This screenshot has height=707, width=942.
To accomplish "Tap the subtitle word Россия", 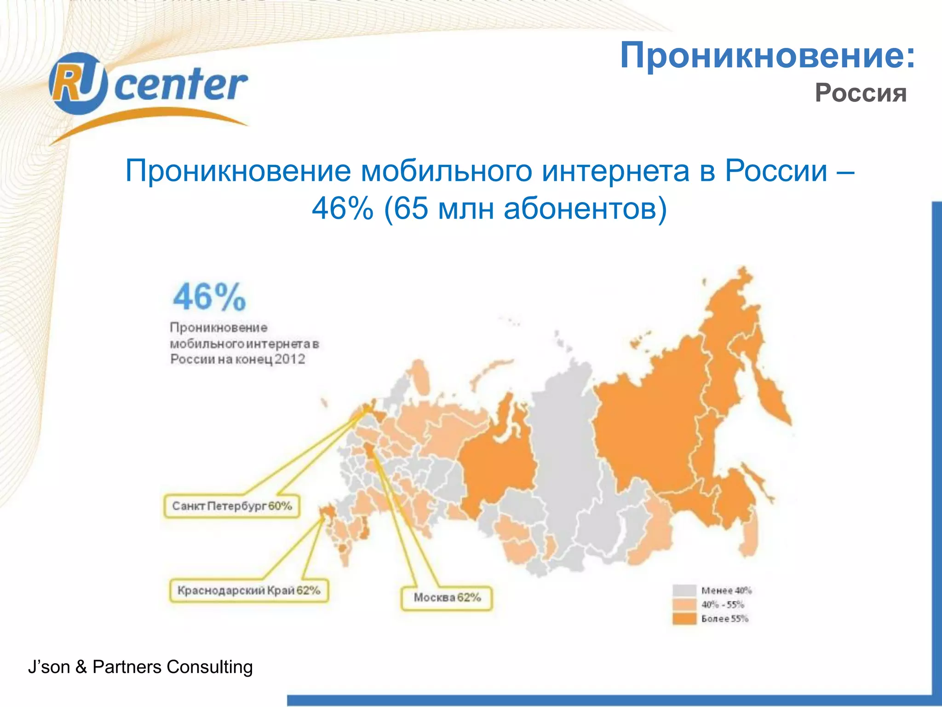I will [860, 93].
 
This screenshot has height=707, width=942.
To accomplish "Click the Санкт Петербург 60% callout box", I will [232, 506].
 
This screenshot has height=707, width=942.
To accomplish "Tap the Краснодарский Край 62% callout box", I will [249, 590].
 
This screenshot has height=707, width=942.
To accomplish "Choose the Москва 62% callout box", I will [447, 597].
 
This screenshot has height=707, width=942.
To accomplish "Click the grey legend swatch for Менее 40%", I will [684, 591].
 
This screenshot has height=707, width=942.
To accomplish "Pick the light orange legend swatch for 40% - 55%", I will [684, 604].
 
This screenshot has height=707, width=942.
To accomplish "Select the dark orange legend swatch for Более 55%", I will [684, 619].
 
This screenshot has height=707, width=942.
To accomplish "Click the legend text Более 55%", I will [725, 619].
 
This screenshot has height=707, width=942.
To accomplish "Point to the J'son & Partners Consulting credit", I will [140, 667].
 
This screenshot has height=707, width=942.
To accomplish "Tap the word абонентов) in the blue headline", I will [585, 209].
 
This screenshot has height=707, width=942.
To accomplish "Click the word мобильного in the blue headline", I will [447, 171].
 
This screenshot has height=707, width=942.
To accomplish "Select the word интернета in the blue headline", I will [615, 171].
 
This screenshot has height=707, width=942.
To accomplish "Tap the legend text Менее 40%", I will [726, 591].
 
